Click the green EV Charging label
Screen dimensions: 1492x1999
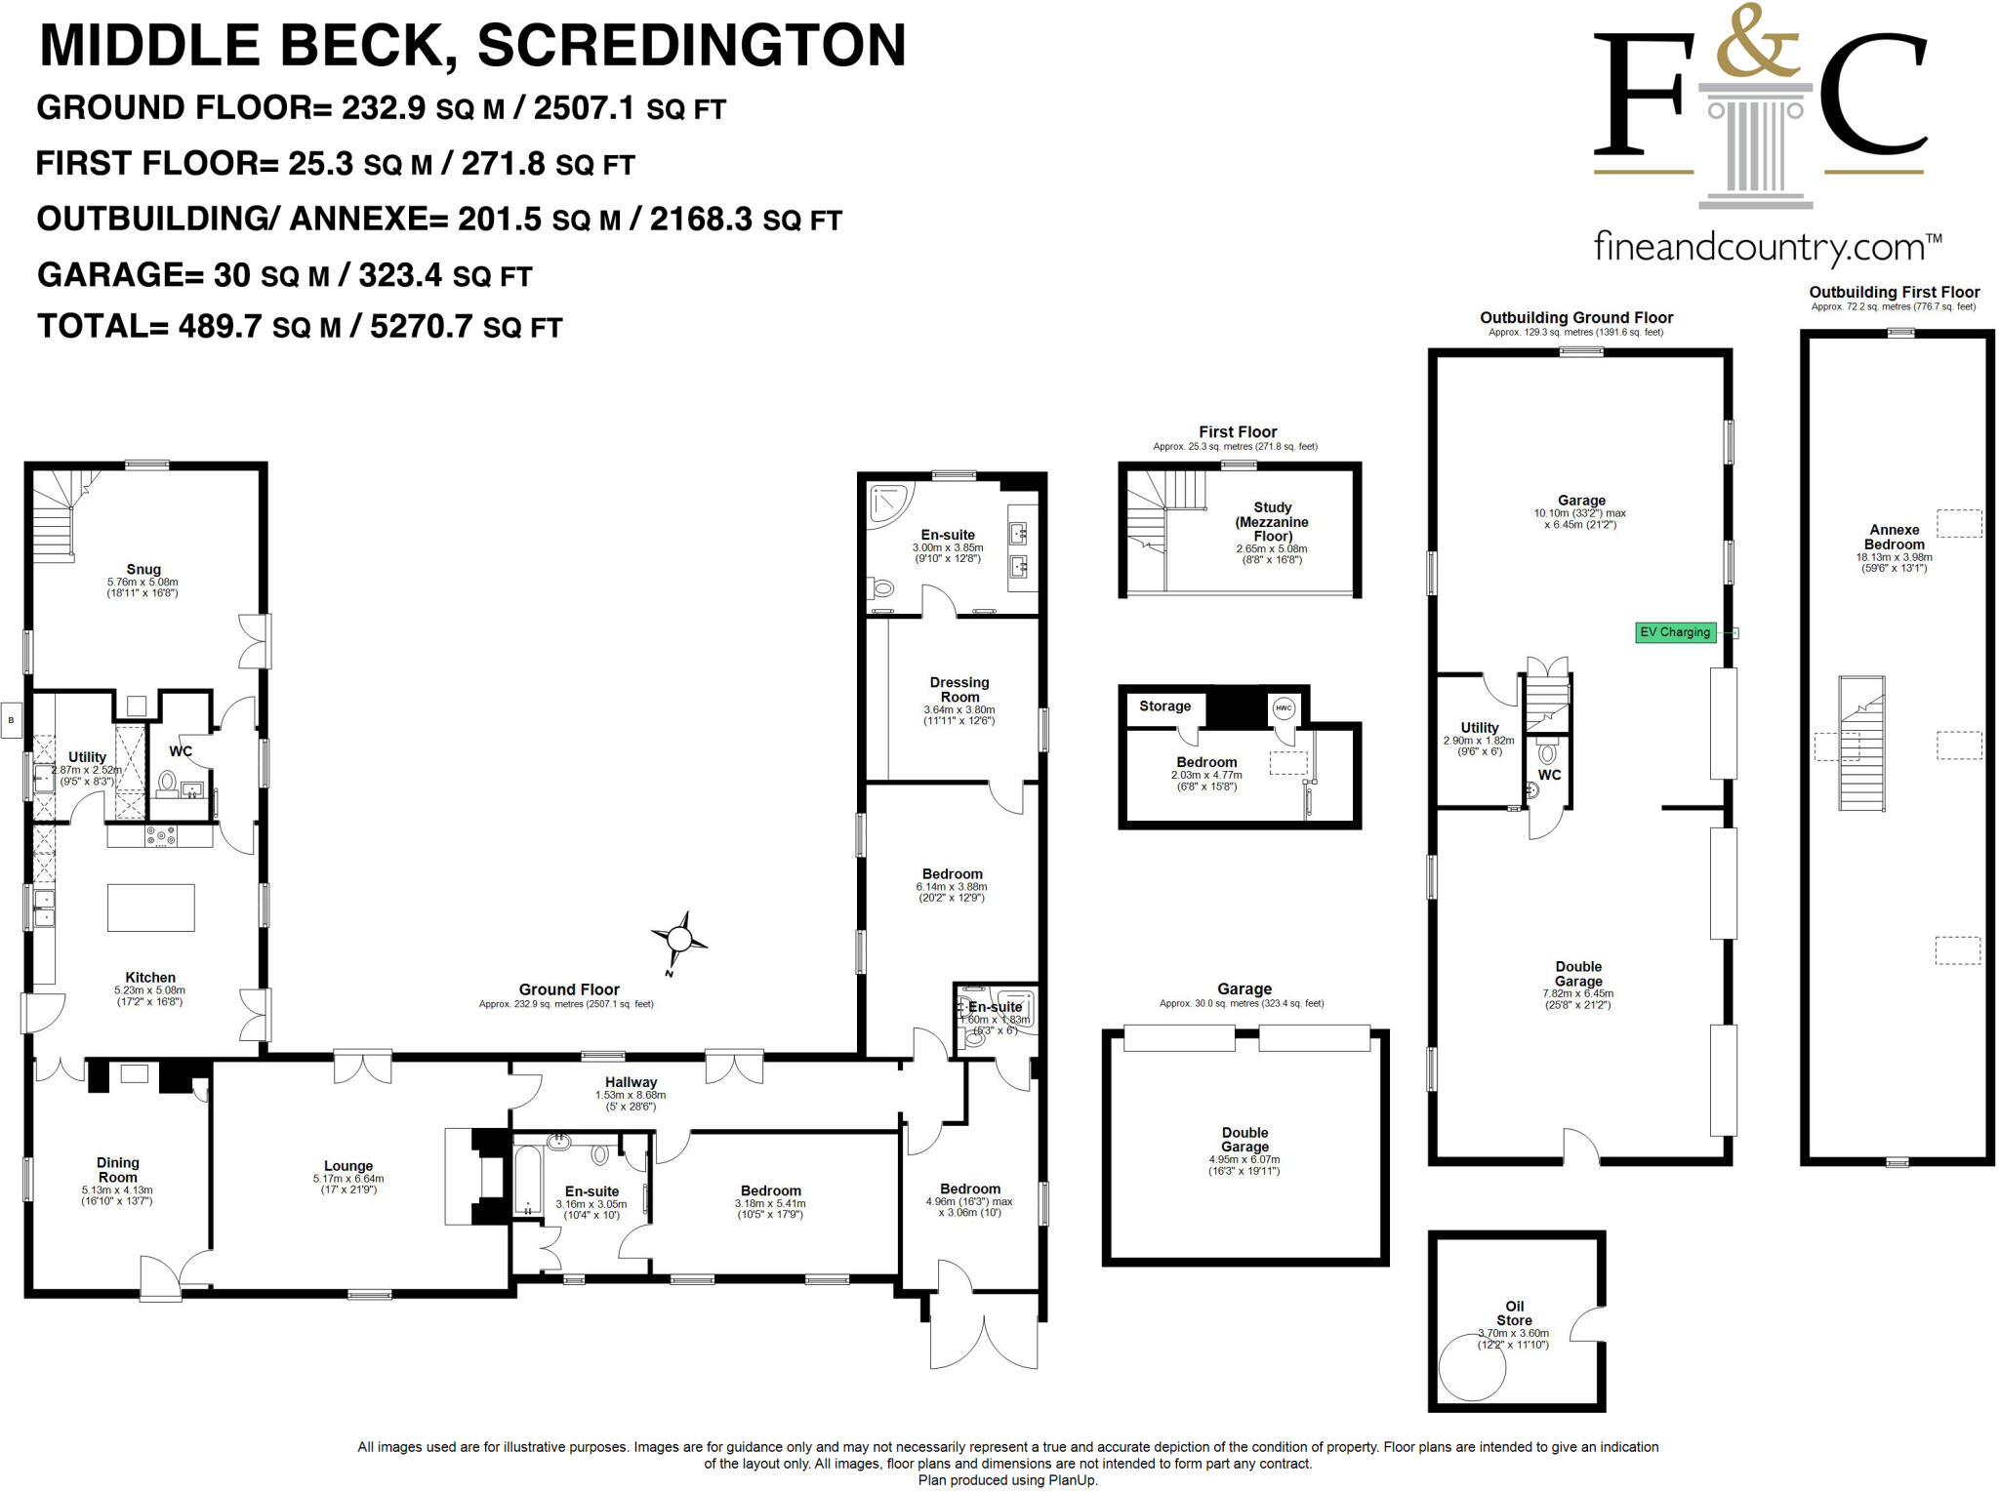(x=1675, y=632)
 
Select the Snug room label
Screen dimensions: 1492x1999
(x=143, y=570)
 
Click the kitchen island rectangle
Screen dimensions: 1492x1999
(x=151, y=907)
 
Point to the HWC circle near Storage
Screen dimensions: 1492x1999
(x=1283, y=708)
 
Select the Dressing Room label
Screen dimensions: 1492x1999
(x=959, y=689)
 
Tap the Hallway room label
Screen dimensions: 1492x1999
(x=631, y=1082)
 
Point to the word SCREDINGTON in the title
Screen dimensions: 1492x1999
(x=691, y=46)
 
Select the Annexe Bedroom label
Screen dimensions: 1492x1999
(x=1894, y=537)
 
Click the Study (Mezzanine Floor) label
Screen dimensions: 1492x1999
(x=1272, y=522)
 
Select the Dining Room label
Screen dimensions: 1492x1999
(x=118, y=1169)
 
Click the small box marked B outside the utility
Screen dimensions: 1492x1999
(x=12, y=720)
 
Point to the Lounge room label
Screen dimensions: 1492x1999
(x=348, y=1166)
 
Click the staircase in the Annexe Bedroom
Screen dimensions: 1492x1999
(x=1860, y=745)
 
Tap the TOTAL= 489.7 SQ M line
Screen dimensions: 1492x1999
(x=300, y=326)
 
